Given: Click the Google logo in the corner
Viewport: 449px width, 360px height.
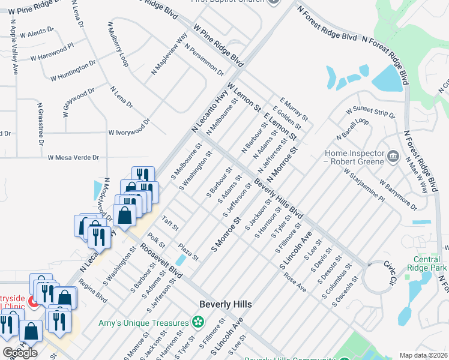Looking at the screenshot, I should click(x=19, y=353).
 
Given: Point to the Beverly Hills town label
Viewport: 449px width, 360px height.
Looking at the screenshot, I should click(x=226, y=304).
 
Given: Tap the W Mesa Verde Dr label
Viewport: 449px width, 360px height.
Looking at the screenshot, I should click(x=73, y=157).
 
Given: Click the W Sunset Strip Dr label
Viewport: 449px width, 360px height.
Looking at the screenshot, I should click(x=370, y=112).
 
